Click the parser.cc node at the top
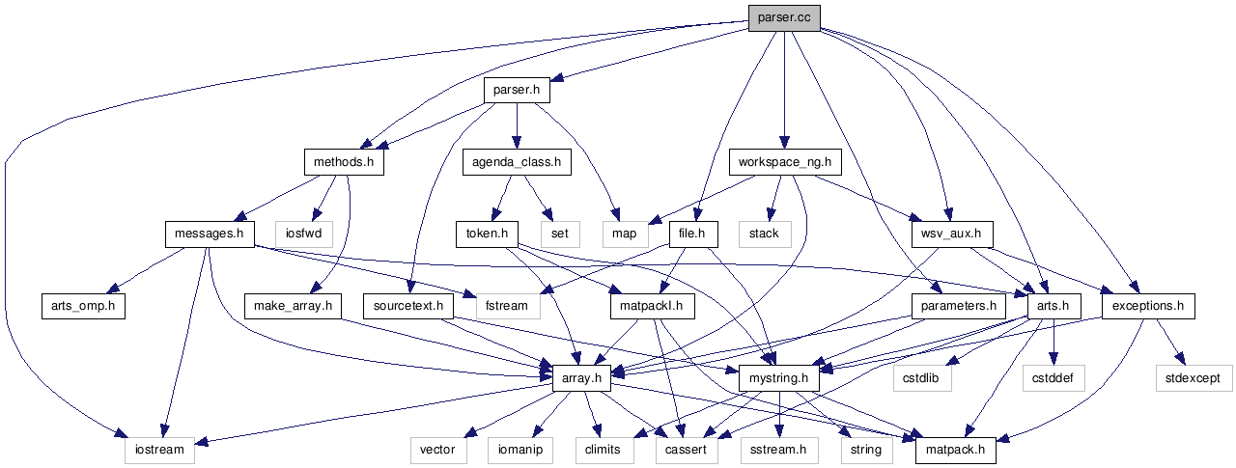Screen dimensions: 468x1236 784,17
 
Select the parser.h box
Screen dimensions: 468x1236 517,90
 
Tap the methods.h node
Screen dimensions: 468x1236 343,162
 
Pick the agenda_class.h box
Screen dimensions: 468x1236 517,162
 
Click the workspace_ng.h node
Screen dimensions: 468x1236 784,162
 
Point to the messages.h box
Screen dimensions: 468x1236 209,234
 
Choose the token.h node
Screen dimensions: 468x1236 488,234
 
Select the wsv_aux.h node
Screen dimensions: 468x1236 951,234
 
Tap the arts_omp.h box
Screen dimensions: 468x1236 83,306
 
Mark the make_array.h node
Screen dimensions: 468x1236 293,306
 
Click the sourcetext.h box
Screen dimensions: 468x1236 408,306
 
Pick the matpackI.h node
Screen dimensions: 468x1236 653,306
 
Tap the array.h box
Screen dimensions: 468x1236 581,378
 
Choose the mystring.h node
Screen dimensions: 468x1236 778,378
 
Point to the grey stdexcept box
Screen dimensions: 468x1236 1194,378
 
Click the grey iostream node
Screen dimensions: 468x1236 159,450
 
